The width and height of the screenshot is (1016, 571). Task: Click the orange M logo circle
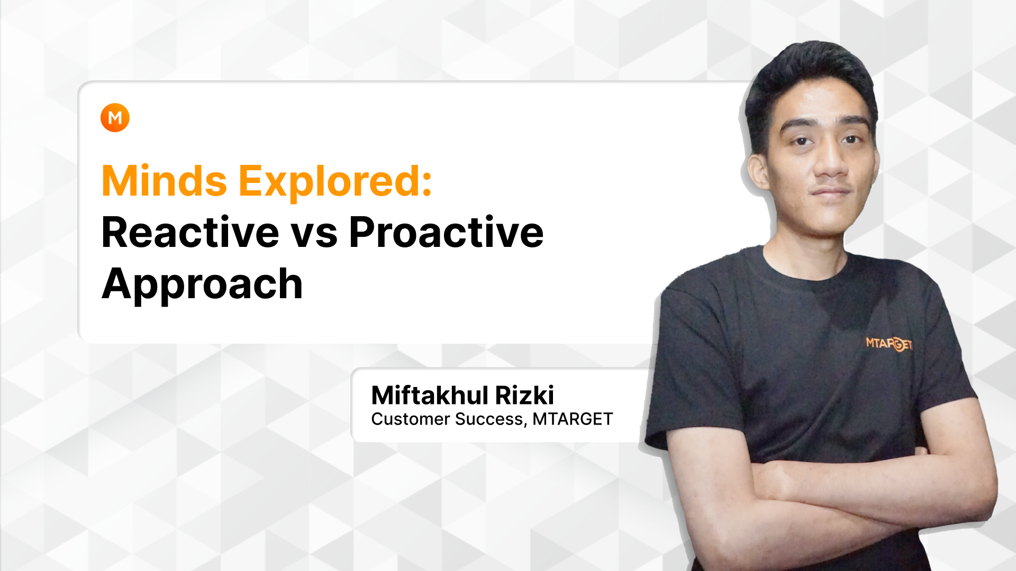coord(115,117)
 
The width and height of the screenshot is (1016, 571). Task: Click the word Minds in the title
coord(164,181)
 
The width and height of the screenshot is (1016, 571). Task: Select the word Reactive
coord(190,232)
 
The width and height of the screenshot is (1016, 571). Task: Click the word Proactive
coord(446,232)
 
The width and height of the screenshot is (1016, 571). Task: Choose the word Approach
coord(202,285)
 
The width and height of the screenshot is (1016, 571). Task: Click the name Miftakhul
coord(430,395)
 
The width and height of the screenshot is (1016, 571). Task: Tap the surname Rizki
coord(524,395)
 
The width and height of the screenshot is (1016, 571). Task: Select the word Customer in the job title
coord(410,419)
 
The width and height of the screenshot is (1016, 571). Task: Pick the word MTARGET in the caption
coord(572,419)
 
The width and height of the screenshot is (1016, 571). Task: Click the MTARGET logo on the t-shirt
coord(889,344)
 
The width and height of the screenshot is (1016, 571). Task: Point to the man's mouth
coord(831,192)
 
